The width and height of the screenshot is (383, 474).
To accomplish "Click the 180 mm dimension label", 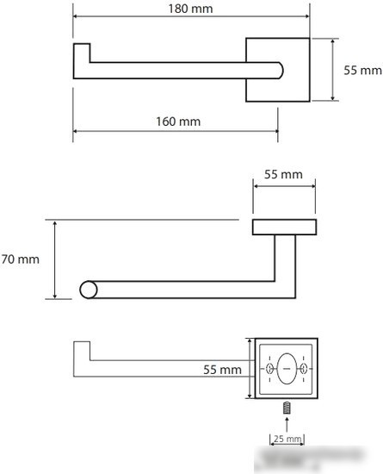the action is point(190,9).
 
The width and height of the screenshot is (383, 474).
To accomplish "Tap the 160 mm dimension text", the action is point(178,122).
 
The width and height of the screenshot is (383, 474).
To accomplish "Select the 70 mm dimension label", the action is point(20,259).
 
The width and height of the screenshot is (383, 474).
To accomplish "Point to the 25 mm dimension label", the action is point(287,439).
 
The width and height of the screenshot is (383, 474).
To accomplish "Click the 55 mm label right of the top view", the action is point(363,71).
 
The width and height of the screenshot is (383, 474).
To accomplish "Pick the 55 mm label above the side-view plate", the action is point(283,174).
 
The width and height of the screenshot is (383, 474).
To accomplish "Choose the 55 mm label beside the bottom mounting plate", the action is point(222,370).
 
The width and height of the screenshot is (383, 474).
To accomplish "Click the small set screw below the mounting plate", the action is point(287,408).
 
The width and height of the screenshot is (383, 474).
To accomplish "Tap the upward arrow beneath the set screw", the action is point(287,424).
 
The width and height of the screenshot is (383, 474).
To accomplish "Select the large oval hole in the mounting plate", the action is point(287,369).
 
